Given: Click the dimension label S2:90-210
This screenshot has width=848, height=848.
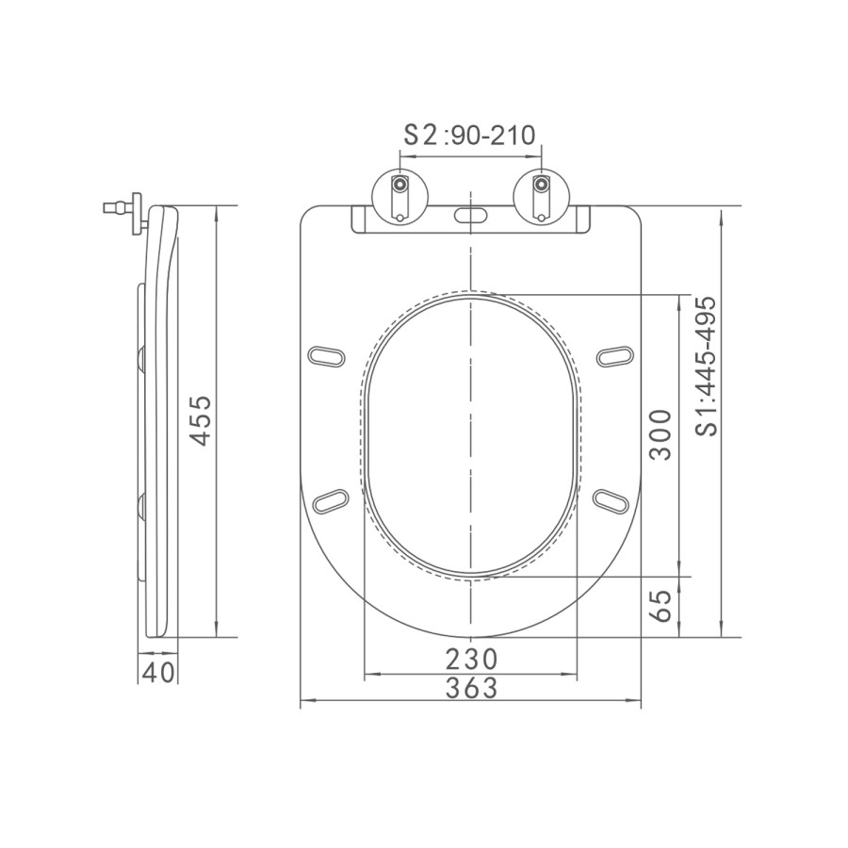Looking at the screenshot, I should click(469, 134).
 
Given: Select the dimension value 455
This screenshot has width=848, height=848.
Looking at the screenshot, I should click(201, 421).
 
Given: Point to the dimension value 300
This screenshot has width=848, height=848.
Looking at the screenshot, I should click(662, 433).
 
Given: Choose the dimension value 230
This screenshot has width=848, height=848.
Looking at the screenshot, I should click(470, 658).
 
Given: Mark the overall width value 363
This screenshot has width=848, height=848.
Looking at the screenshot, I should click(470, 689).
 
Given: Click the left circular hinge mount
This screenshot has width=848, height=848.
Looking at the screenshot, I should click(401, 195).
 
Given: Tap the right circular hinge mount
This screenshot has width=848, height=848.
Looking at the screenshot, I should click(540, 195).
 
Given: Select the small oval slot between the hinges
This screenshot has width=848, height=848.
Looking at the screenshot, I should click(470, 216).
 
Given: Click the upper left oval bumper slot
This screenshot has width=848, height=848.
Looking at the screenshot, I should click(327, 355).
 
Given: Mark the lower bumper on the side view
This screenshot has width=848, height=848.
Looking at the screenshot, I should click(140, 506).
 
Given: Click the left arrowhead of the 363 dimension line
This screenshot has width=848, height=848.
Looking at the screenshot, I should click(304, 703).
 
